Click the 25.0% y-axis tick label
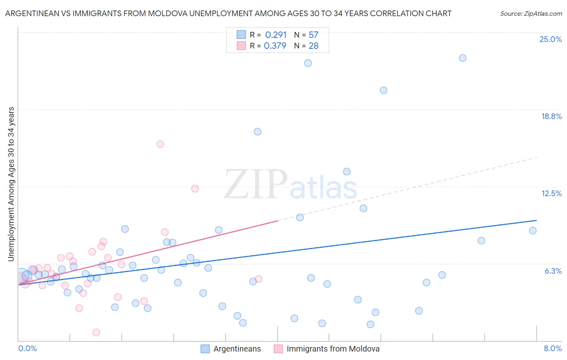coord(550,39)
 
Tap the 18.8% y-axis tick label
coord(551,116)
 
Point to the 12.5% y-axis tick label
coord(551,193)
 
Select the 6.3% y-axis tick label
coord(553,271)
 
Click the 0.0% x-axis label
coord(27,348)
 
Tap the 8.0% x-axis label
coord(552,348)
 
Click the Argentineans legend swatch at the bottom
coord(205,349)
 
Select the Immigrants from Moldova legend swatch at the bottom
coord(278,349)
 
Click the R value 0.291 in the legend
coord(275,35)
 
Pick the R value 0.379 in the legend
coord(275,46)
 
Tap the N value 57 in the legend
coord(313,35)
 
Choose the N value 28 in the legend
coord(313,46)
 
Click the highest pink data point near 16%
coord(160,144)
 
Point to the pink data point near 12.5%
coord(195,188)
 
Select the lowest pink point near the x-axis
coord(96,332)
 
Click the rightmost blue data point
coord(533,230)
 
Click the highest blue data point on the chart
coord(463,58)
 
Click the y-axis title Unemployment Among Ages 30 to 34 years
coord(11,184)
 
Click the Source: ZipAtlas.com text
coord(531,13)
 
